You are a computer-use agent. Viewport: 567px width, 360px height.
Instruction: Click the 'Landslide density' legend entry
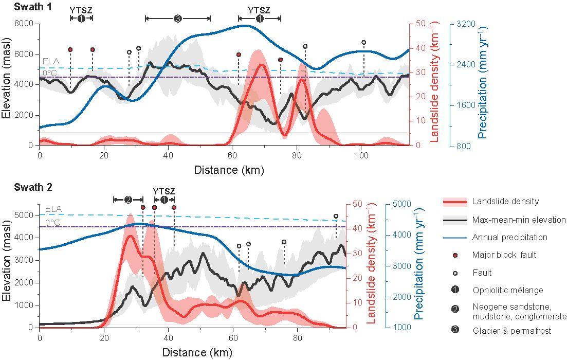500,202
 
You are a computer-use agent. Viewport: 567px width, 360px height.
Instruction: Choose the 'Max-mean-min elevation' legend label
519,220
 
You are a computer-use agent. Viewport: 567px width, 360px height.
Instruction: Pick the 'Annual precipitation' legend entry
509,238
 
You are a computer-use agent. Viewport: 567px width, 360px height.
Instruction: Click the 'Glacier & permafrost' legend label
511,331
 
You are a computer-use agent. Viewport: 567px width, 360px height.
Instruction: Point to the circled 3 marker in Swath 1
178,19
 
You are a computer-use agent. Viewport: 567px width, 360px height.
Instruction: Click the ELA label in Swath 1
51,61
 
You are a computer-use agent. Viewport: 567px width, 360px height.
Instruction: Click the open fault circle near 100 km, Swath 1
364,43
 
